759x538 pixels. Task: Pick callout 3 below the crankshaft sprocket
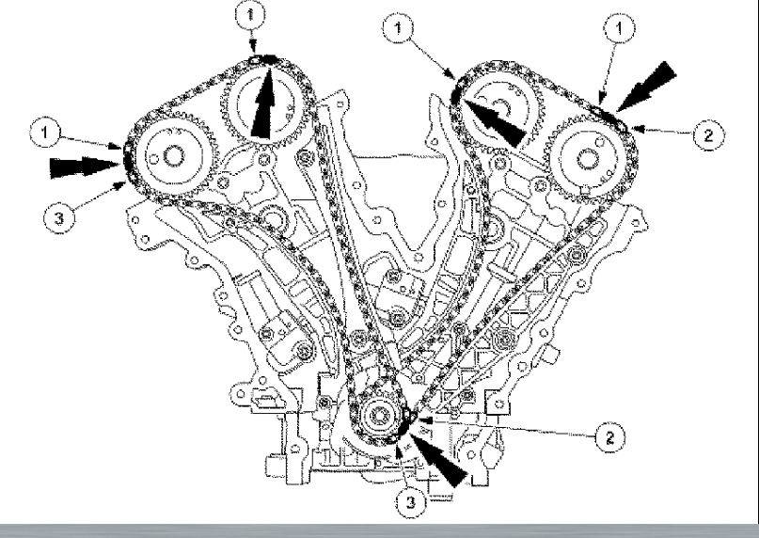click(410, 503)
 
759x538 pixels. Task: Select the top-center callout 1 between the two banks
click(402, 31)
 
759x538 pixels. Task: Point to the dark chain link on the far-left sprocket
click(122, 160)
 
